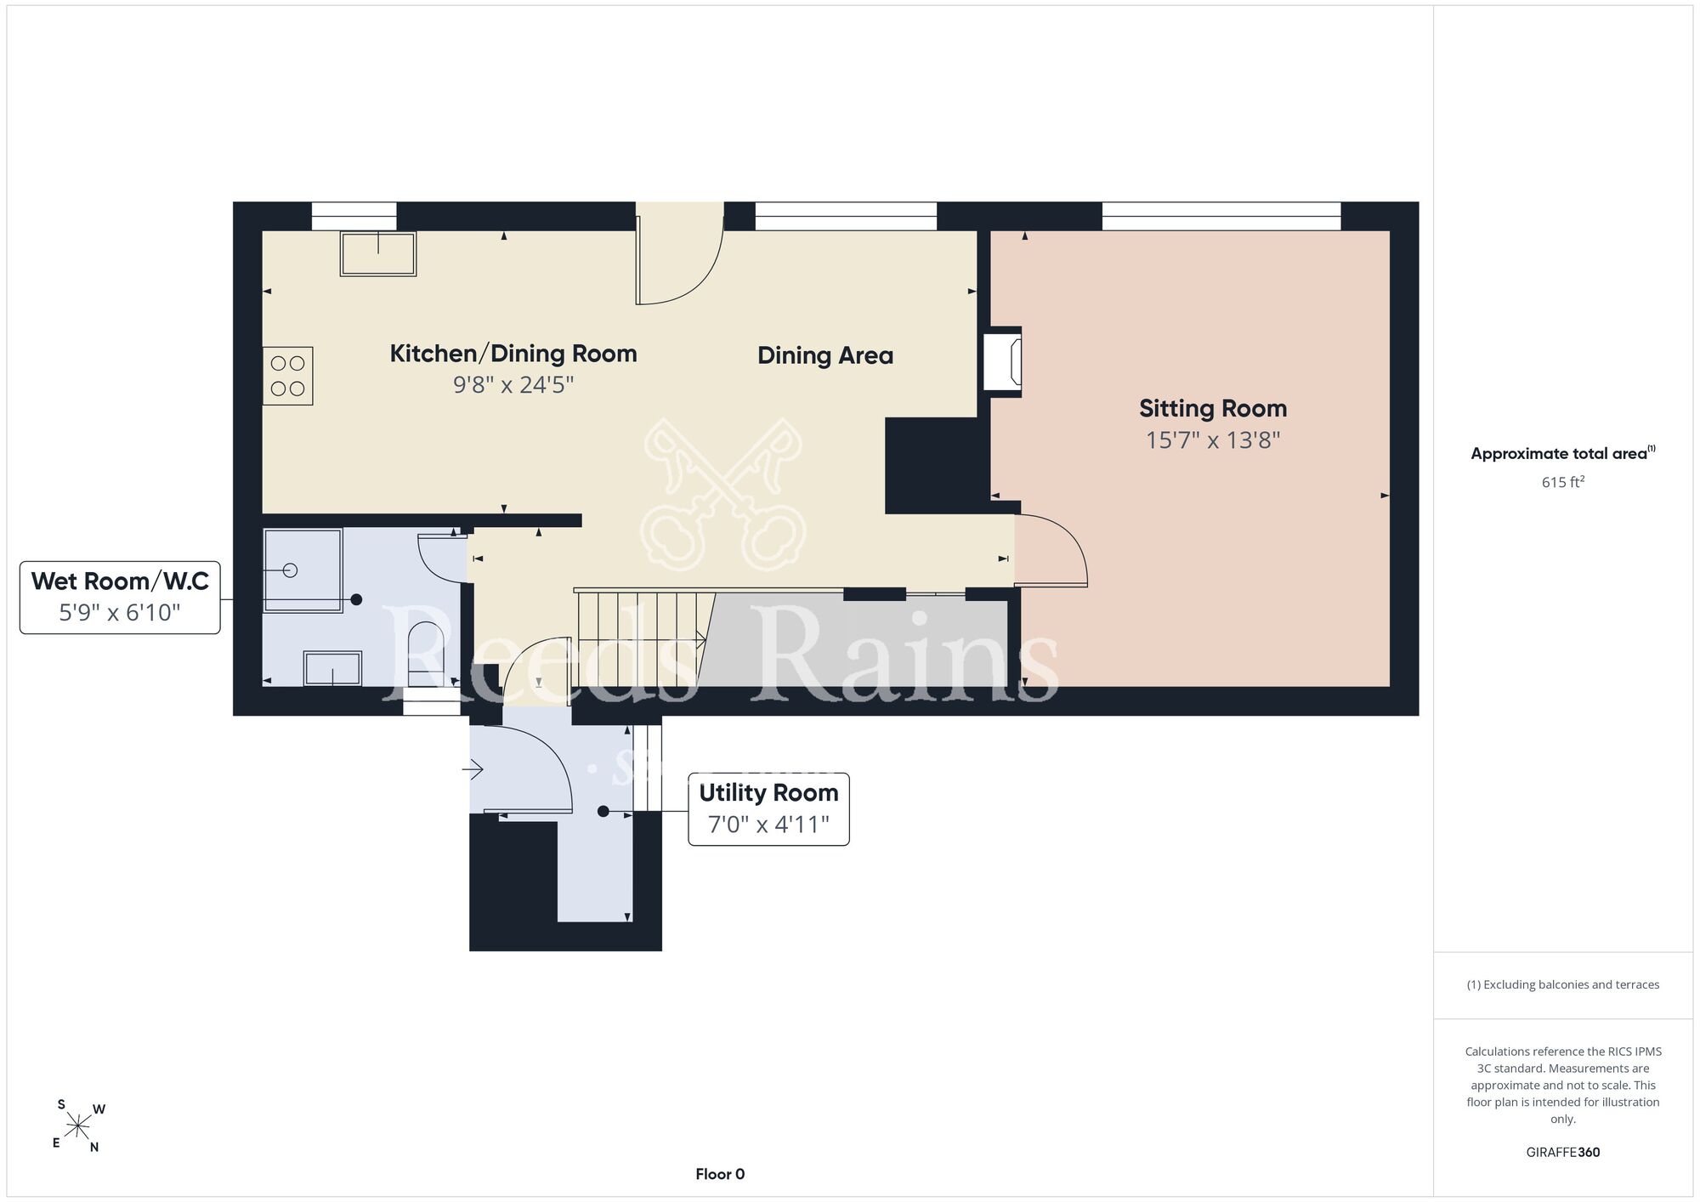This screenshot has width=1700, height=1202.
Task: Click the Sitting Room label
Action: point(1213,409)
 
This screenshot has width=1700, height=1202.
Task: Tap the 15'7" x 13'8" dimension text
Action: point(1213,440)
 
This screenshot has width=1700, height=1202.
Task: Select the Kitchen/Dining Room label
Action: point(513,354)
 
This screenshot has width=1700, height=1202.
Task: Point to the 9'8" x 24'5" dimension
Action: point(513,385)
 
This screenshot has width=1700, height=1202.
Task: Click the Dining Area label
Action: point(825,355)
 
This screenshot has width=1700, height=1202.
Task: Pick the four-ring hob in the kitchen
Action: point(287,376)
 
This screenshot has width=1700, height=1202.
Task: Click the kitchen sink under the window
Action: point(378,253)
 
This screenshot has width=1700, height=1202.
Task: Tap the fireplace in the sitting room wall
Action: point(1002,361)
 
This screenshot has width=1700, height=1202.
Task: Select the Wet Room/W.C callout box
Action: point(120,597)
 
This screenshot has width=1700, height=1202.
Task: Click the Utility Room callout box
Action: point(768,808)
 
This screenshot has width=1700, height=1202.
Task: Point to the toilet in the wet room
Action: point(426,654)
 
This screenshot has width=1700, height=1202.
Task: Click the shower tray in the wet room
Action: point(303,570)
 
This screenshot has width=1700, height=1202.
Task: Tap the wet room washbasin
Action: point(332,668)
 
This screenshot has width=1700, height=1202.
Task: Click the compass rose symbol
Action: point(79,1127)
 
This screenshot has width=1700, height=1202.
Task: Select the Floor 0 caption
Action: point(720,1174)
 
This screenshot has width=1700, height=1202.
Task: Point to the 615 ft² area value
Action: point(1563,482)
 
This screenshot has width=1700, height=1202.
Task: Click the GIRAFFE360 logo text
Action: point(1563,1153)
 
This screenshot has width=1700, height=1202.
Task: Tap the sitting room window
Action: point(1221,217)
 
